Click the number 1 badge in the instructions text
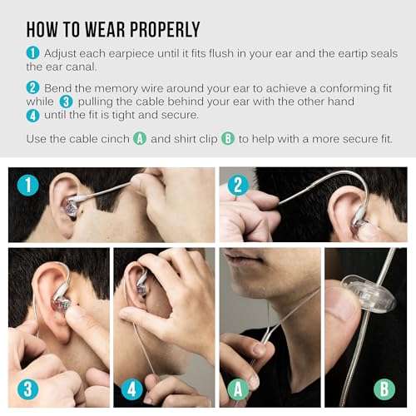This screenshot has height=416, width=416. pyautogui.click(x=32, y=53)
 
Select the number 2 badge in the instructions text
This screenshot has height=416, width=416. pyautogui.click(x=32, y=87)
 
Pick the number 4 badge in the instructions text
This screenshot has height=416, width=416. pyautogui.click(x=32, y=115)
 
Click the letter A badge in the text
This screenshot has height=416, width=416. pyautogui.click(x=140, y=138)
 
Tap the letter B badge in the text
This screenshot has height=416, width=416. pyautogui.click(x=227, y=138)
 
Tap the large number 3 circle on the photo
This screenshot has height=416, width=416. pyautogui.click(x=29, y=389)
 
